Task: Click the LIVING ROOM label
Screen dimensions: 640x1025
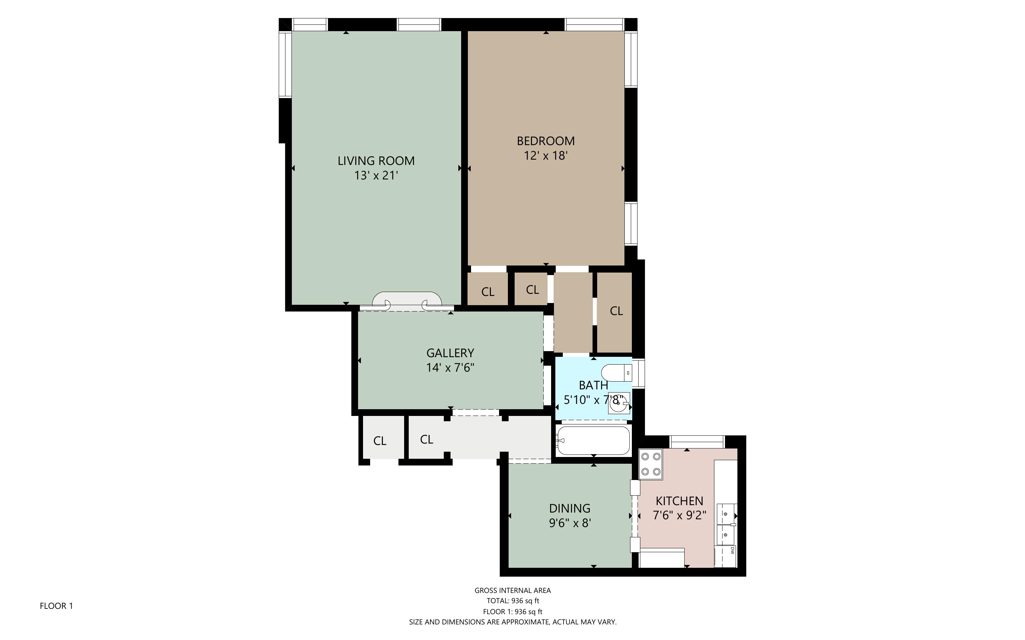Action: click(375, 161)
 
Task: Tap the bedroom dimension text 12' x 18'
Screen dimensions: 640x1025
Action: click(545, 156)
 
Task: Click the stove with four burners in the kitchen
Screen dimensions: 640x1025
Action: click(650, 464)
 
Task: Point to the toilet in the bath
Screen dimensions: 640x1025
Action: click(616, 373)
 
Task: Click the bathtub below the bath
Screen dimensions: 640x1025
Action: click(593, 440)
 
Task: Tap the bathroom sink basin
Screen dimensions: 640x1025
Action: click(618, 403)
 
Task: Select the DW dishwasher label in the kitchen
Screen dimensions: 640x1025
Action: click(732, 550)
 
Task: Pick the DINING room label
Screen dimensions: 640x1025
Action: click(570, 508)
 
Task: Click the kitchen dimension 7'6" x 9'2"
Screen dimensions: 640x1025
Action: click(679, 515)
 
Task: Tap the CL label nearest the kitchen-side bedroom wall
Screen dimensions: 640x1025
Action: click(616, 311)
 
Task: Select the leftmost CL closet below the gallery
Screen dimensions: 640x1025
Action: click(380, 441)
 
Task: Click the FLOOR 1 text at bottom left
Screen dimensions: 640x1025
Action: click(56, 606)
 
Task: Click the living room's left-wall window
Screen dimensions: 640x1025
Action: click(285, 65)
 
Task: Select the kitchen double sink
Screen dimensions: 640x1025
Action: click(726, 525)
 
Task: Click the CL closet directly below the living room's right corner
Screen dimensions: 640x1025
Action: click(488, 292)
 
